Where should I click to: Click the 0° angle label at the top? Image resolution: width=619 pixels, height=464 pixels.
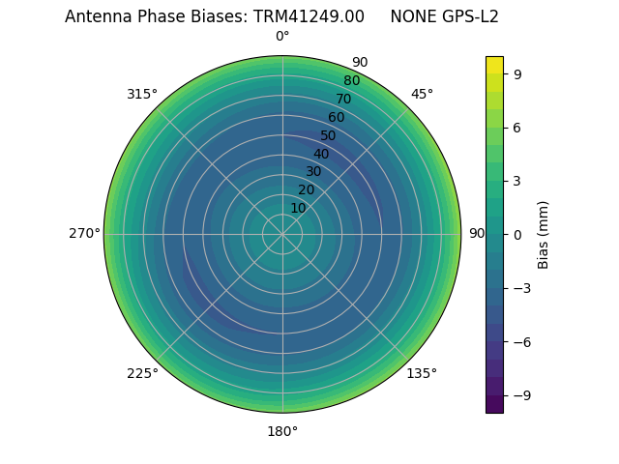click(x=282, y=37)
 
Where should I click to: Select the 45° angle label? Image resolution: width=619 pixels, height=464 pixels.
click(x=422, y=94)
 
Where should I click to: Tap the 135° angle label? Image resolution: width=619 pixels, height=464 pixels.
click(x=422, y=373)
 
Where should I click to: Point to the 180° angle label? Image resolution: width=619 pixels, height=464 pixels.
click(x=282, y=431)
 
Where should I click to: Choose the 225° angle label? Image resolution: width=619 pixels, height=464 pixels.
click(x=142, y=373)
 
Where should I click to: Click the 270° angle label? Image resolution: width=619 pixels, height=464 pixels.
click(x=84, y=233)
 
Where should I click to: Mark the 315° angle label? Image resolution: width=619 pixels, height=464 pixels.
click(x=142, y=94)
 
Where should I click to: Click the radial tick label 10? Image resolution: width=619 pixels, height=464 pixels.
click(x=298, y=208)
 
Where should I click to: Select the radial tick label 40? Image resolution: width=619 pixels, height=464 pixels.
click(x=321, y=154)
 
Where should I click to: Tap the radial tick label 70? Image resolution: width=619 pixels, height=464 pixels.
click(x=343, y=99)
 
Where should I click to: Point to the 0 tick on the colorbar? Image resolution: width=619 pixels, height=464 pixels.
click(x=517, y=234)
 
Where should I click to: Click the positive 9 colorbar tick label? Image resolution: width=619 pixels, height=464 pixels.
click(x=517, y=73)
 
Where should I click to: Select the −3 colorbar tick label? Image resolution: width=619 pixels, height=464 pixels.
click(x=521, y=288)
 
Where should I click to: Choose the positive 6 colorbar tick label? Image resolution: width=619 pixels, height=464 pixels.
click(x=517, y=127)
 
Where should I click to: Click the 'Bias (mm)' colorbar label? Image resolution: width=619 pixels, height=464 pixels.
click(x=544, y=234)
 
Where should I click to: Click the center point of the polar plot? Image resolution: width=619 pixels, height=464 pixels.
click(x=282, y=234)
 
